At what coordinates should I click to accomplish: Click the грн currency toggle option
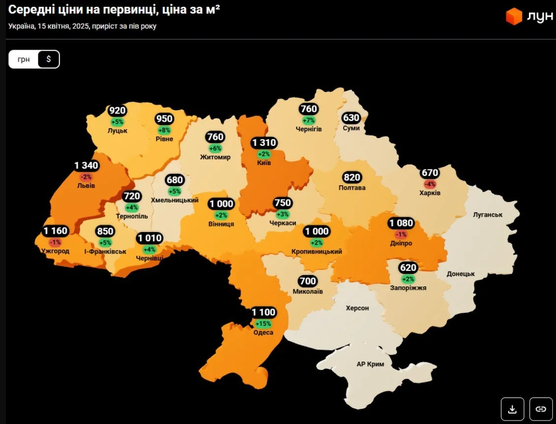pyautogui.click(x=24, y=59)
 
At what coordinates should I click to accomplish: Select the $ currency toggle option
pyautogui.click(x=48, y=59)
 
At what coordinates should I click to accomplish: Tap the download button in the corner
pyautogui.click(x=512, y=409)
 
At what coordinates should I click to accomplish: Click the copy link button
pyautogui.click(x=541, y=409)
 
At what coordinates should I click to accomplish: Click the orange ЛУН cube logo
pyautogui.click(x=514, y=16)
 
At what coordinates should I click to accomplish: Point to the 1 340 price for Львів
pyautogui.click(x=87, y=166)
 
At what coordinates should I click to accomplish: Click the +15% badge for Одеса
pyautogui.click(x=263, y=324)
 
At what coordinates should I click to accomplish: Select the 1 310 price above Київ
pyautogui.click(x=264, y=143)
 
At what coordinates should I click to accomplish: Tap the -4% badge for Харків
pyautogui.click(x=430, y=184)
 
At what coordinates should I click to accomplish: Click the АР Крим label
pyautogui.click(x=370, y=364)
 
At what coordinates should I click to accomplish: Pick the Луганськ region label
pyautogui.click(x=487, y=215)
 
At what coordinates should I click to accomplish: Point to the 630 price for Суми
pyautogui.click(x=351, y=118)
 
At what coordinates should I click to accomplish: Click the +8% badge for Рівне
pyautogui.click(x=164, y=130)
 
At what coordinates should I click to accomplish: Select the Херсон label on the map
pyautogui.click(x=357, y=308)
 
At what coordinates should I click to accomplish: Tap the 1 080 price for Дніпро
pyautogui.click(x=401, y=223)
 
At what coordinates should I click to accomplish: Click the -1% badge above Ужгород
pyautogui.click(x=55, y=242)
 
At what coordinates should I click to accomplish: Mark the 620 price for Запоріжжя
pyautogui.click(x=408, y=268)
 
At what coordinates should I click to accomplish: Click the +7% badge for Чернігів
pyautogui.click(x=309, y=120)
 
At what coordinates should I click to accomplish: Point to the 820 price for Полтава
pyautogui.click(x=352, y=177)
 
